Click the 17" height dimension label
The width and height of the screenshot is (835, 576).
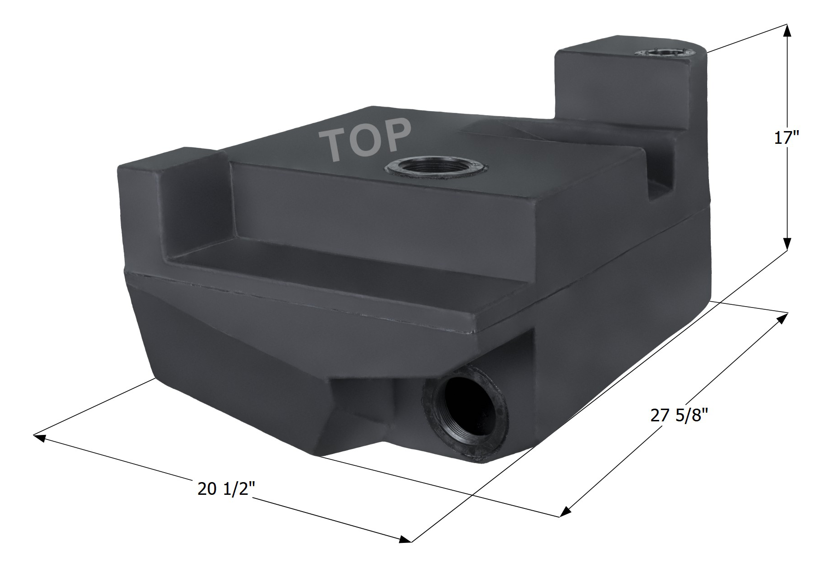(x=786, y=137)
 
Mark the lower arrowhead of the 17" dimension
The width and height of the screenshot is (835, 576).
(x=787, y=244)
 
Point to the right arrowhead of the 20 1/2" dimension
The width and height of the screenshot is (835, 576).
(x=405, y=540)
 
